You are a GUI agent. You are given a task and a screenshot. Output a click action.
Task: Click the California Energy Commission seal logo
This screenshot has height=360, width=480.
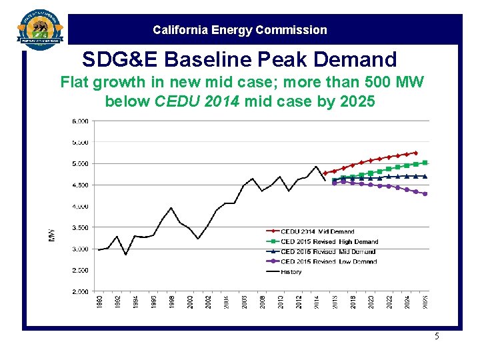click(x=41, y=29)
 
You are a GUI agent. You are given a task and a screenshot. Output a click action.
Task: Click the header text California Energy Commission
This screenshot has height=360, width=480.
click(x=240, y=30)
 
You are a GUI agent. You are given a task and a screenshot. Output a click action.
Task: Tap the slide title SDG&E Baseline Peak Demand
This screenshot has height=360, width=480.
click(x=239, y=59)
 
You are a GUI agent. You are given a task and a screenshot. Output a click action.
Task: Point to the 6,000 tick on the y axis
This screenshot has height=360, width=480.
click(x=79, y=121)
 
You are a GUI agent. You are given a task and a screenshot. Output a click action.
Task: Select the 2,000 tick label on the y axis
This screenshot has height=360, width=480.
click(x=79, y=291)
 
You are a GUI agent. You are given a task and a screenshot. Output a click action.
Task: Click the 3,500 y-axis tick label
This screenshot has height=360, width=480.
click(x=79, y=227)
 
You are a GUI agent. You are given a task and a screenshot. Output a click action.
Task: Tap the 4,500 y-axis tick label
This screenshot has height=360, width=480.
click(x=79, y=185)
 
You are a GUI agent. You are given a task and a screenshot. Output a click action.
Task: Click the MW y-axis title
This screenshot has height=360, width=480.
click(x=51, y=235)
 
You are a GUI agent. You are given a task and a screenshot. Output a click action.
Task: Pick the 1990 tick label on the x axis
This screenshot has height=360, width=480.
click(x=99, y=302)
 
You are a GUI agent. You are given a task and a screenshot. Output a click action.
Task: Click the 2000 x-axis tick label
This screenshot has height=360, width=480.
click(x=189, y=302)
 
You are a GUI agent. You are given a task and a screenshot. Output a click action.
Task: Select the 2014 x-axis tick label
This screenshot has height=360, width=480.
click(x=316, y=302)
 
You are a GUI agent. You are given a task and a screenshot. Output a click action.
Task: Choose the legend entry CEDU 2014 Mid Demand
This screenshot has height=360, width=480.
click(x=317, y=232)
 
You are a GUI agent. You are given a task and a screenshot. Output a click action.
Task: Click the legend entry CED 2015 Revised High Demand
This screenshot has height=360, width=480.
click(x=329, y=242)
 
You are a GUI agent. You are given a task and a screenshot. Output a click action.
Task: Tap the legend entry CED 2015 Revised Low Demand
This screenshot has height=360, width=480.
click(x=328, y=262)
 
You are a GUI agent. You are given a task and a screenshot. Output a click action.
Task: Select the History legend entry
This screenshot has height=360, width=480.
click(x=291, y=272)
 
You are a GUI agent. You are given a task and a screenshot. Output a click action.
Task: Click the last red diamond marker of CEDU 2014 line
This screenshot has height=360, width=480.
click(x=415, y=153)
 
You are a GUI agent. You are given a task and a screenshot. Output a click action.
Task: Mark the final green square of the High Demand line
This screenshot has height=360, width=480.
click(x=425, y=163)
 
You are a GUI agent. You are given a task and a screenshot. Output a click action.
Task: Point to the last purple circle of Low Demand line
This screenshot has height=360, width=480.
click(x=425, y=194)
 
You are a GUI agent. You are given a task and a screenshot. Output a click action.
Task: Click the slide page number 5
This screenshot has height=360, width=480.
click(x=437, y=337)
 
